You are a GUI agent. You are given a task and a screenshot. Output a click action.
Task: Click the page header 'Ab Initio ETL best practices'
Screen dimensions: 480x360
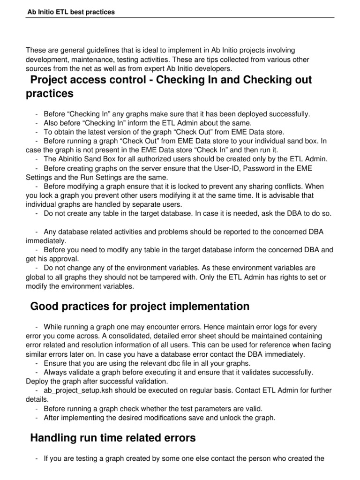tap(71, 12)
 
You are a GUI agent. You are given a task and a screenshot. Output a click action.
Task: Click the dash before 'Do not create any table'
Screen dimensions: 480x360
tap(37, 213)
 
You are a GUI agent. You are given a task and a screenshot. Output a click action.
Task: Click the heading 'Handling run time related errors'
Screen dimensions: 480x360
tap(113, 438)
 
